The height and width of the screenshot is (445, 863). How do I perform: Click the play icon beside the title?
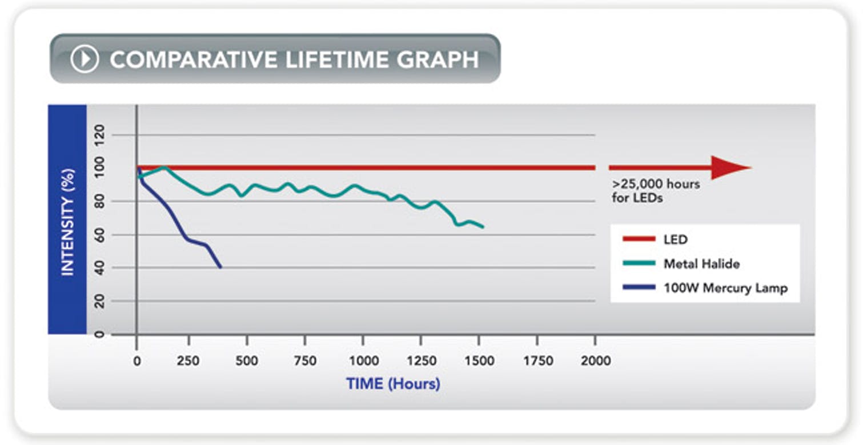click(85, 59)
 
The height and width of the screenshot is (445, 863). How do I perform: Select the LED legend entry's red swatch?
click(638, 240)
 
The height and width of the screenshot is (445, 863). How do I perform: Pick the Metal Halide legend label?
click(701, 264)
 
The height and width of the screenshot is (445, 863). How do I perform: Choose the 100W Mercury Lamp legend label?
click(725, 288)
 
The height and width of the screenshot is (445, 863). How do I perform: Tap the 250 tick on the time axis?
click(188, 361)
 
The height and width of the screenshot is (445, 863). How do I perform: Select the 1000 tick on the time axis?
click(363, 361)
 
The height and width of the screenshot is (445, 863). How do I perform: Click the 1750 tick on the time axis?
click(537, 361)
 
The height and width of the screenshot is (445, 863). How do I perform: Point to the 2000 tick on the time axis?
click(596, 361)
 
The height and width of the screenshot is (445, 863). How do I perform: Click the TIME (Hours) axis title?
click(393, 383)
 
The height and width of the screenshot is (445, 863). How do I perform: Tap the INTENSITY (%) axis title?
click(67, 222)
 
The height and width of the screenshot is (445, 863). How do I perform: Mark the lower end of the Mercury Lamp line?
click(220, 267)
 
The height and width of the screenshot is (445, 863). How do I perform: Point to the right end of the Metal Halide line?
click(483, 227)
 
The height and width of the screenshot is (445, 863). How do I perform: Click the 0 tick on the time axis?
click(137, 361)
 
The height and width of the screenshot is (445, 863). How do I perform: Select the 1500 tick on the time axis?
click(479, 361)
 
